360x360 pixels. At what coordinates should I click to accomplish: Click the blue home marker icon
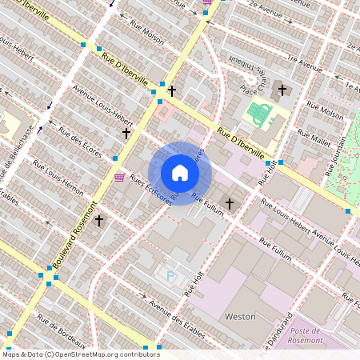[x=180, y=173]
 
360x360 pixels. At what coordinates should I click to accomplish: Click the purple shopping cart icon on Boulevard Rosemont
[x=119, y=177]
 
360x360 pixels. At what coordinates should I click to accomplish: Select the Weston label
[x=240, y=317]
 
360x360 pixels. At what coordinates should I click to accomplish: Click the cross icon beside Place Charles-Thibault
[x=281, y=90]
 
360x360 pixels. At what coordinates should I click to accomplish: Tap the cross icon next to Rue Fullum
[x=229, y=204]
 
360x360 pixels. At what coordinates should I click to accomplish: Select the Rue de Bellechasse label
[x=17, y=152]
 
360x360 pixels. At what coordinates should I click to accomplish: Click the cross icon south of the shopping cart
[x=99, y=219]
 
